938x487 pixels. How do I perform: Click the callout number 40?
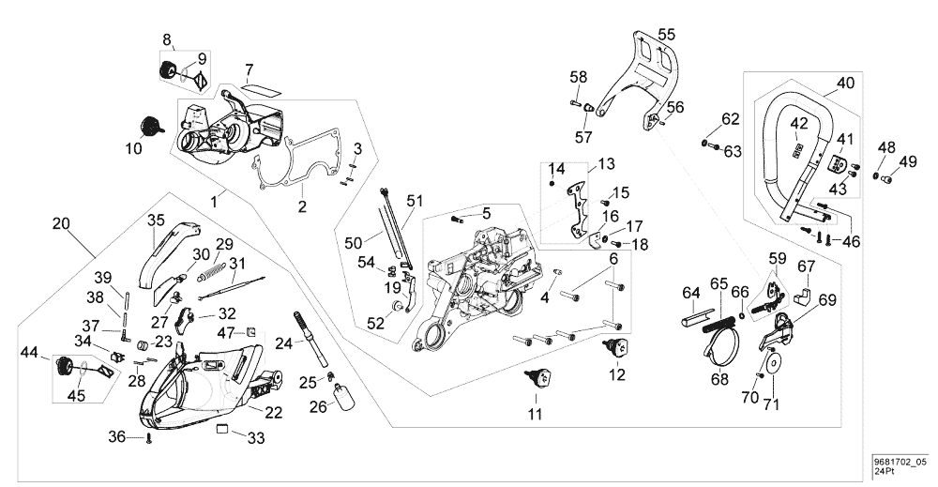[x=845, y=83]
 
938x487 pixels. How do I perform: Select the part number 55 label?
[x=665, y=35]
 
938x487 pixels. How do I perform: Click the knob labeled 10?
[x=148, y=126]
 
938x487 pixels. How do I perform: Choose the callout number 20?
[x=62, y=224]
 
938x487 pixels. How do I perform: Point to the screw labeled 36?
[x=149, y=439]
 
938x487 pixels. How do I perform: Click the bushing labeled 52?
[x=399, y=306]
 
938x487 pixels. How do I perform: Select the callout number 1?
[x=216, y=200]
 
